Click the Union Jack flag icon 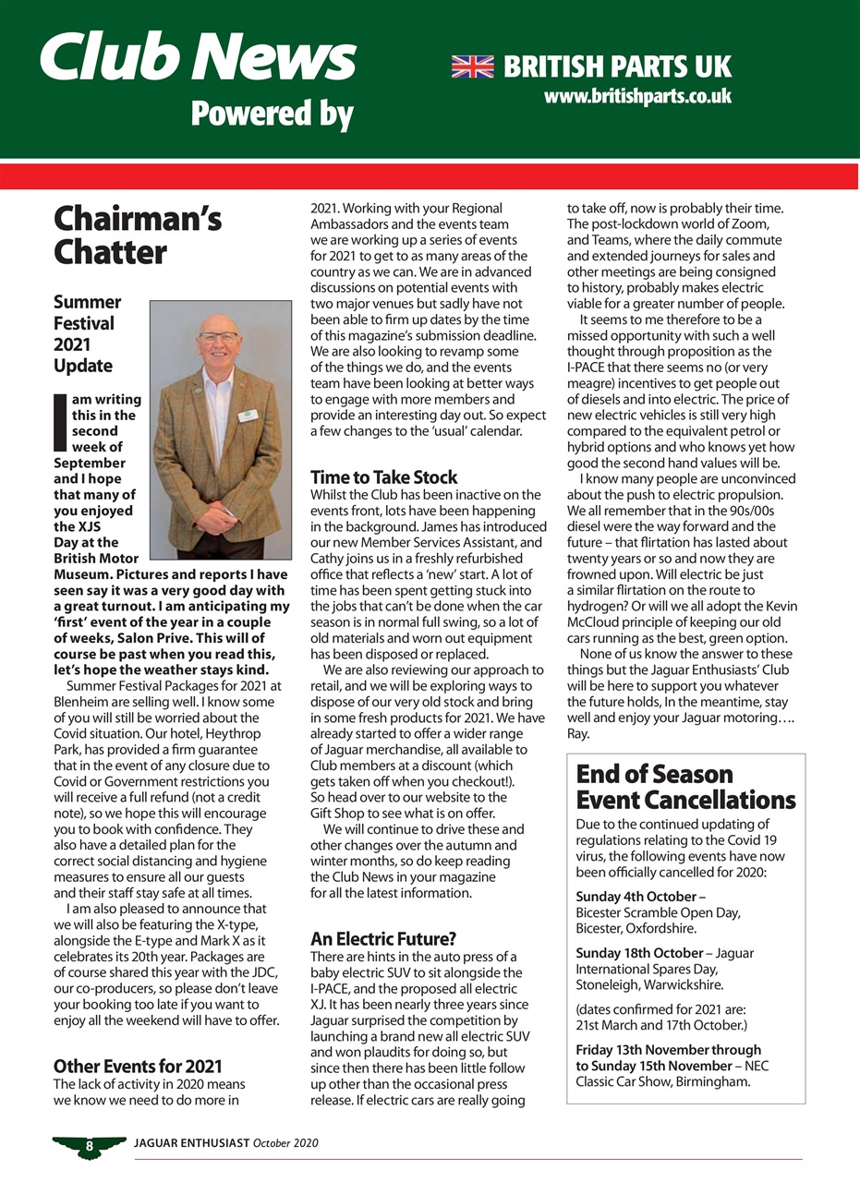472,66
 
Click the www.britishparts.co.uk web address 637,96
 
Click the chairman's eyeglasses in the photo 219,337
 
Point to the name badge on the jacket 247,416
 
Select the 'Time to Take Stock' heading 383,477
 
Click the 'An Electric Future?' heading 382,939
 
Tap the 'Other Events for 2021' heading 138,1067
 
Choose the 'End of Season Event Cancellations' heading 685,786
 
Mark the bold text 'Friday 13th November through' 669,1050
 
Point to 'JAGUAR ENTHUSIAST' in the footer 191,1143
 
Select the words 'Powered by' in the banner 273,115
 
